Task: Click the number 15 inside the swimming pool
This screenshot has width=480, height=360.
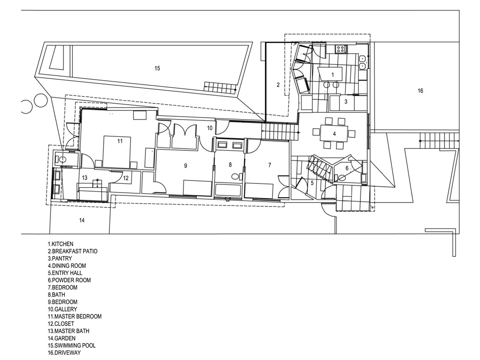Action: tap(157, 68)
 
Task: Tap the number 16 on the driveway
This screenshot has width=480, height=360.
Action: tap(420, 91)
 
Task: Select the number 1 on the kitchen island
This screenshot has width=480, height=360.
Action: tap(333, 74)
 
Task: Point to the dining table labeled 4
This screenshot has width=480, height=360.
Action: tap(334, 133)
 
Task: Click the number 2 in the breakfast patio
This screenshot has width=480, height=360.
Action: tap(278, 85)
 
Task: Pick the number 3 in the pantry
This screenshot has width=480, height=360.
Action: tap(346, 102)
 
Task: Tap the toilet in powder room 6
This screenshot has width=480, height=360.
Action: tap(341, 178)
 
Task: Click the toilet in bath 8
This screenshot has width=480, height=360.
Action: tap(235, 177)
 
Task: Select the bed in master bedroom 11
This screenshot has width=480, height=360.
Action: tap(117, 152)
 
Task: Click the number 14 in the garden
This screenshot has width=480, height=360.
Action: tap(82, 220)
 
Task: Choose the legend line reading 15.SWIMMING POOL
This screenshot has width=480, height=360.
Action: tap(72, 345)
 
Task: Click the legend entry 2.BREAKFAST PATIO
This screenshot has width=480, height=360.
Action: tap(72, 252)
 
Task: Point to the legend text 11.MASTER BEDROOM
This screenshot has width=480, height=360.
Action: tap(75, 316)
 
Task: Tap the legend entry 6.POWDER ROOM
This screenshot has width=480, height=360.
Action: tap(69, 280)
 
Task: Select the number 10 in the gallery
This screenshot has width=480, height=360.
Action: tap(209, 128)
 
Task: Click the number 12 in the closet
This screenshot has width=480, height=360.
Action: tap(126, 178)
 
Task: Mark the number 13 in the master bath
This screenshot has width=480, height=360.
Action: tap(85, 178)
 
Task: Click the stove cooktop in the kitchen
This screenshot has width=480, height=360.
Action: tap(341, 48)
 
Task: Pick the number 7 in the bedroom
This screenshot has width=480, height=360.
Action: tap(270, 165)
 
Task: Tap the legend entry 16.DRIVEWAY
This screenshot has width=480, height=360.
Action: tap(64, 353)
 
